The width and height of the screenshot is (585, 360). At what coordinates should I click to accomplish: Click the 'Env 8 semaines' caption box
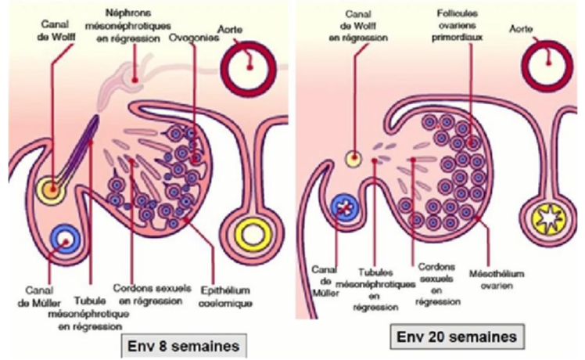180,343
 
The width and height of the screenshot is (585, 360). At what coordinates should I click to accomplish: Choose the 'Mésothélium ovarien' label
487,279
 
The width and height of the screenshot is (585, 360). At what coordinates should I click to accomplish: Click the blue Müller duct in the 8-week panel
64,239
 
